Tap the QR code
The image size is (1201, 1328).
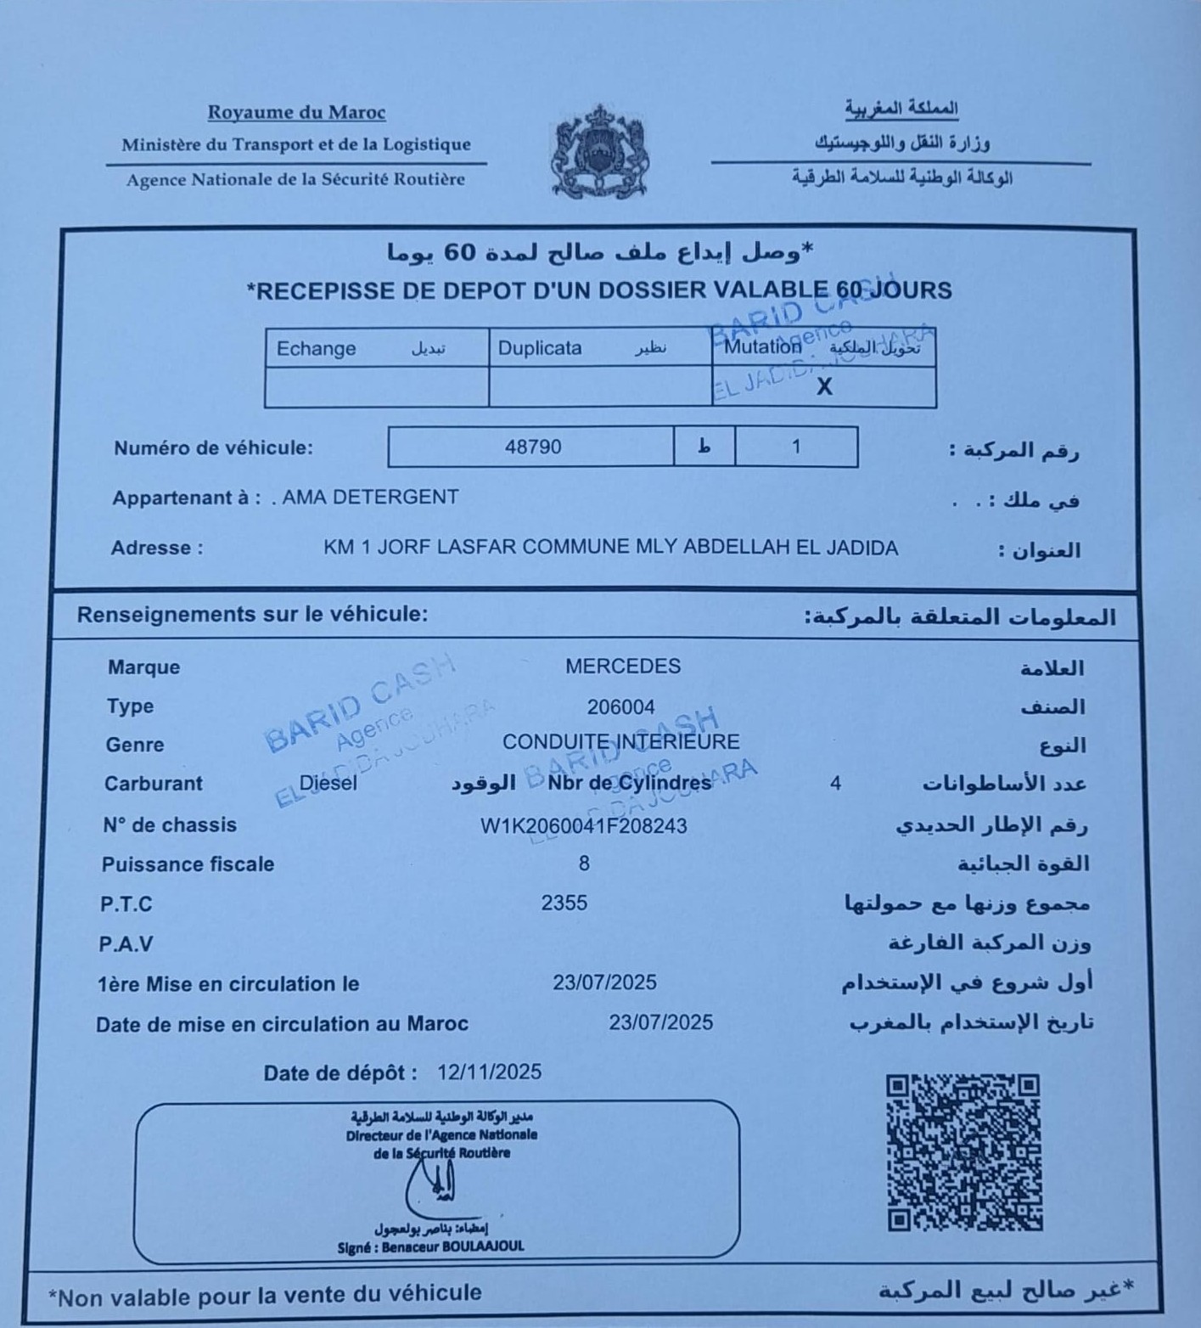point(963,1152)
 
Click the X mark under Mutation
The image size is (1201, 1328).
point(823,387)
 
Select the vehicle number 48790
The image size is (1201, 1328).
point(533,447)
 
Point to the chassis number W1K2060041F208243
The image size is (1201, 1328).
point(584,825)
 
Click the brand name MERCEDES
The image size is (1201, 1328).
point(623,667)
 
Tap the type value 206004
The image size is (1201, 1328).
point(620,706)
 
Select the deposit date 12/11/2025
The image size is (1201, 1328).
point(490,1072)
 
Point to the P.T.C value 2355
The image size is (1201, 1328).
point(564,903)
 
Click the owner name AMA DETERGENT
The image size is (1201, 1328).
point(370,497)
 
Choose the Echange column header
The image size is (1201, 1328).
point(317,348)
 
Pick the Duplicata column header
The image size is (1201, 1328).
point(540,348)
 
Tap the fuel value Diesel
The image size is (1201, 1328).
point(328,783)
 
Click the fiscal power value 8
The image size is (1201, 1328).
point(584,864)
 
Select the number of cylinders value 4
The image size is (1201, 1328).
point(835,783)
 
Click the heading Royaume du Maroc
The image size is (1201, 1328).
point(296,112)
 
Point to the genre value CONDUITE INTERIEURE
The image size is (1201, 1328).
point(620,742)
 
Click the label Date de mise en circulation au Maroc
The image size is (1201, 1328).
point(282,1024)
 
